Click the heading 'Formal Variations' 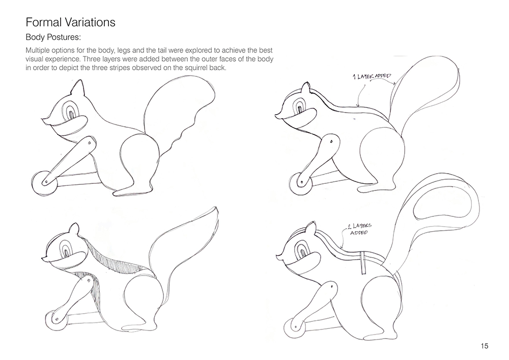70,22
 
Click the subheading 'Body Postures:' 53,37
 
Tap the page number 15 485,346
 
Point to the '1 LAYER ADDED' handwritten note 372,76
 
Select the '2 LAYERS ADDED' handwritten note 359,229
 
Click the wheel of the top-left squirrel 44,183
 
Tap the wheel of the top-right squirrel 300,184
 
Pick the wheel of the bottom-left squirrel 56,320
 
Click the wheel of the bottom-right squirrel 295,328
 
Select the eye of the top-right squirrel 300,105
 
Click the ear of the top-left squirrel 77,88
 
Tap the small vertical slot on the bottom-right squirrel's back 362,262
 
